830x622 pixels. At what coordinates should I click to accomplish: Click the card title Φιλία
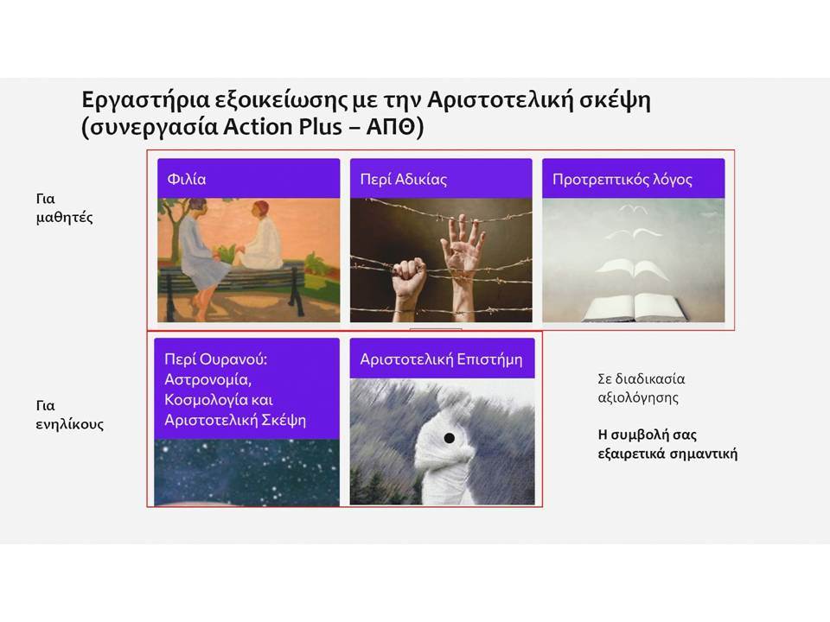point(187,179)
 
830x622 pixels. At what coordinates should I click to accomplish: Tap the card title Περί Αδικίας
point(404,180)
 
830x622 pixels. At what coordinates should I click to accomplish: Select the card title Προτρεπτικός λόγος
point(622,180)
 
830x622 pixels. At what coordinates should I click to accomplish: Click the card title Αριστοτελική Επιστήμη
point(441,359)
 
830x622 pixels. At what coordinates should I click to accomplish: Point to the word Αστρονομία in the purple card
point(207,380)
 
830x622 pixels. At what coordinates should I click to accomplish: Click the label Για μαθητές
point(64,208)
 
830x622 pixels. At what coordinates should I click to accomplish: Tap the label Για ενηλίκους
point(69,415)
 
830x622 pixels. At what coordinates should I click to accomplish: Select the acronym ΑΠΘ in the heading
point(391,127)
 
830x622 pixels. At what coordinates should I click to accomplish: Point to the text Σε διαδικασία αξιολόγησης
point(641,388)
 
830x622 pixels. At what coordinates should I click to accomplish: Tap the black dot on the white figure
point(450,438)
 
